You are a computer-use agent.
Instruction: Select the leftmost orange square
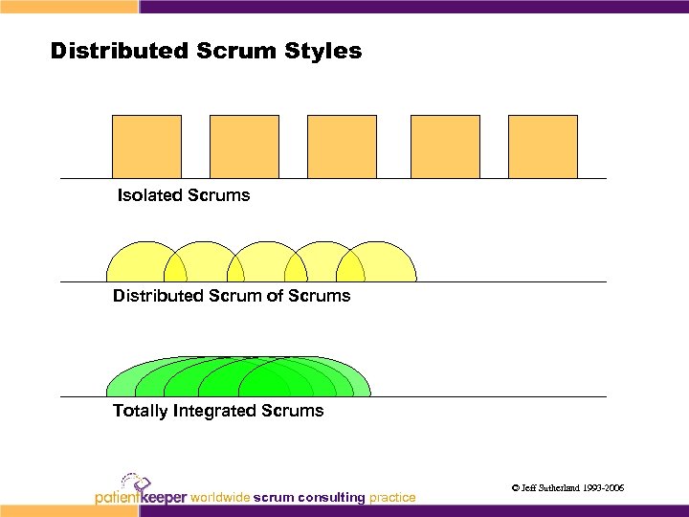click(146, 146)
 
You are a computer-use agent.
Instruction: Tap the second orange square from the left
click(244, 146)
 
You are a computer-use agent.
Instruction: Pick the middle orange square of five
click(341, 146)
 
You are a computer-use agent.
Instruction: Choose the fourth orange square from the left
click(445, 146)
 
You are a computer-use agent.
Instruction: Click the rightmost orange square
click(543, 146)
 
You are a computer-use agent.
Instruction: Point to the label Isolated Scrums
click(184, 195)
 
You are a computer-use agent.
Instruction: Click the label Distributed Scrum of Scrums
click(232, 296)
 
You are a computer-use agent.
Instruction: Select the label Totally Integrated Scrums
click(218, 411)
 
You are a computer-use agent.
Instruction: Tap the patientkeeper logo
click(141, 489)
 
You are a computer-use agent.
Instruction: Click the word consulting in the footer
click(331, 497)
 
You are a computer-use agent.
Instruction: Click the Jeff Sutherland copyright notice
click(568, 488)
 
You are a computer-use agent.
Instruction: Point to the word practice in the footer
click(392, 497)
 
